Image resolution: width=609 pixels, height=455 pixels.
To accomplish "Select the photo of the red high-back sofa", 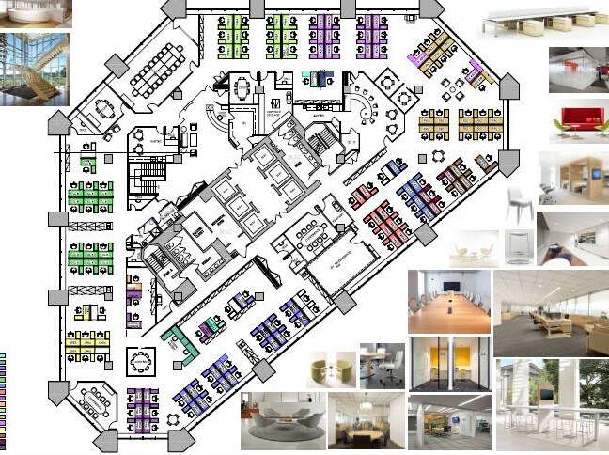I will point(578,122).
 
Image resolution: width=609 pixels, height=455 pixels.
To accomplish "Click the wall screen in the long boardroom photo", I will point(452,283).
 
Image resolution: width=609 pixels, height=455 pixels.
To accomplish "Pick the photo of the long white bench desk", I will point(540,22).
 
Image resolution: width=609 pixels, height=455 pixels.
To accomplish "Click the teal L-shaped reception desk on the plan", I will point(180,342).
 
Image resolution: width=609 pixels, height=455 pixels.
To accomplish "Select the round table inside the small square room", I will point(142,362).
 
